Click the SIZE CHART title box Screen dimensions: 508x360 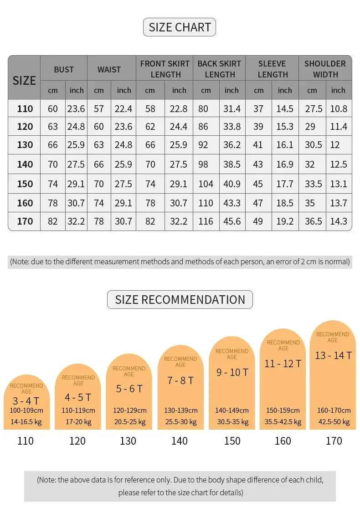(x=180, y=27)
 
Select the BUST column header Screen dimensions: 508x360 (x=64, y=69)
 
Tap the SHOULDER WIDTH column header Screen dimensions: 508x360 (x=325, y=69)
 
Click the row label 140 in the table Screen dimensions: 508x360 (x=25, y=164)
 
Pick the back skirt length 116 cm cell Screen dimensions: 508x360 (x=206, y=221)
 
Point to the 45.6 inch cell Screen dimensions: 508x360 (x=232, y=221)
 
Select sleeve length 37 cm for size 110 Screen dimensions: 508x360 (x=258, y=109)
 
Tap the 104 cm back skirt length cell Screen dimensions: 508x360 (x=206, y=184)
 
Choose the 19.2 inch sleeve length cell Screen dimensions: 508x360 (x=285, y=221)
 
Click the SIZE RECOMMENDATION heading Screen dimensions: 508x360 (x=180, y=300)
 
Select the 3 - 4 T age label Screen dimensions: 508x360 (x=26, y=401)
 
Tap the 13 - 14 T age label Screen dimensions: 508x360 (x=333, y=355)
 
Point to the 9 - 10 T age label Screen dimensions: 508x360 (x=232, y=372)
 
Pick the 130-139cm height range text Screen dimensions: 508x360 (x=181, y=411)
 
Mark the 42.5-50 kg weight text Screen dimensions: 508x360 (x=334, y=421)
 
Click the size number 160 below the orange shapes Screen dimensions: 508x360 (x=283, y=441)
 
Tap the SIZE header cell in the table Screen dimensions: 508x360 (x=24, y=81)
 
